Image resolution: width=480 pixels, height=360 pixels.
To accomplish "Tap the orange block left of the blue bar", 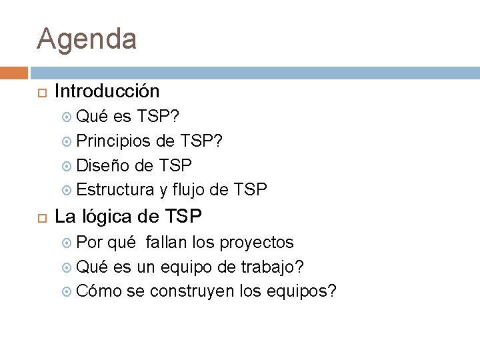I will point(13,73).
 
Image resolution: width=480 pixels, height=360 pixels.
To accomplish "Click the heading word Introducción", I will point(107,91).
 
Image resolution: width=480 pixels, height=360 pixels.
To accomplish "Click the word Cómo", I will point(99,291).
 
